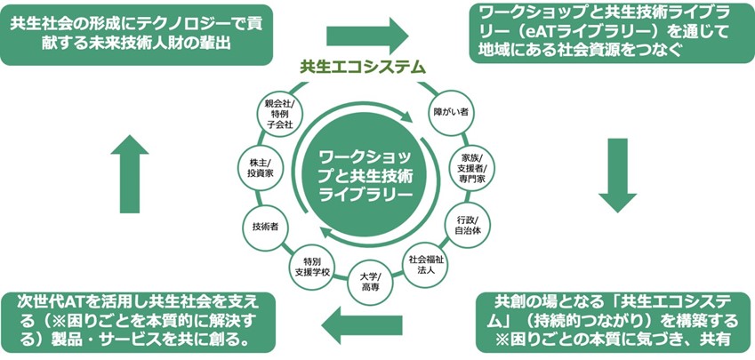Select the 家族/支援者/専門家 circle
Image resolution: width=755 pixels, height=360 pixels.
point(472,168)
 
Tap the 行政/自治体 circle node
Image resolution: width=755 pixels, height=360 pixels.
point(466,224)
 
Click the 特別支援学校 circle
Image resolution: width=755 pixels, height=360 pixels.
point(311,265)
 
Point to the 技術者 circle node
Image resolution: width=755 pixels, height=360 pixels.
point(266,227)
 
